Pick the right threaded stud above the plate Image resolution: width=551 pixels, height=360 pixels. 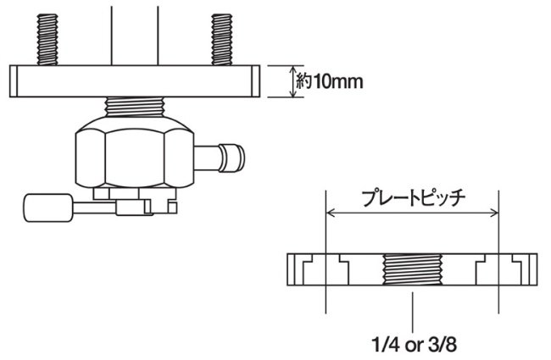[x=223, y=38]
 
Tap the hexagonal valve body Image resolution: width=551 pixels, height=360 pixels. [x=131, y=152]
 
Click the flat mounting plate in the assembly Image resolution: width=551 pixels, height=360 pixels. [x=134, y=82]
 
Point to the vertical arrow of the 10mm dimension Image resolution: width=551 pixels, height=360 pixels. [x=293, y=82]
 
